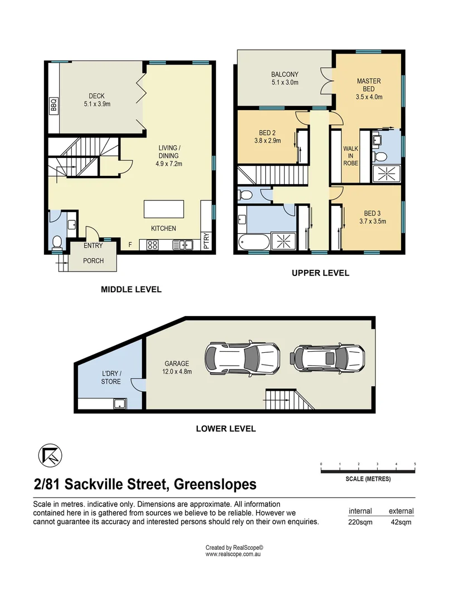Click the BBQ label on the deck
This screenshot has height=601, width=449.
[53, 104]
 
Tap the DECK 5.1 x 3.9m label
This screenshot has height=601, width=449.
[97, 100]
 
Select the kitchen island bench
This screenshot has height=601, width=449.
[164, 209]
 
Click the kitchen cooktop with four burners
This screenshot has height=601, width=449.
[152, 244]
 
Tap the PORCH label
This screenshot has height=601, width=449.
[93, 260]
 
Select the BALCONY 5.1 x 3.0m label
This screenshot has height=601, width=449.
[285, 78]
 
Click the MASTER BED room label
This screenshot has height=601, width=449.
[369, 85]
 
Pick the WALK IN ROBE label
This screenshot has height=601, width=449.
[351, 156]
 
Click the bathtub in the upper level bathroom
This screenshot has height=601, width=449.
[253, 242]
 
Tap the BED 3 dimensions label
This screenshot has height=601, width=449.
[373, 221]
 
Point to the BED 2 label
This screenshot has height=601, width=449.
[267, 133]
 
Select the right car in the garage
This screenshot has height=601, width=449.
[328, 358]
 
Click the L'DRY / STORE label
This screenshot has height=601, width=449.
[111, 377]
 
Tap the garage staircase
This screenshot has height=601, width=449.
[290, 400]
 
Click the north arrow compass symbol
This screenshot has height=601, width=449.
[50, 455]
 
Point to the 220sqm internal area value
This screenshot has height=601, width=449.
[360, 522]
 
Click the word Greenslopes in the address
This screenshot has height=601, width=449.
[215, 485]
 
